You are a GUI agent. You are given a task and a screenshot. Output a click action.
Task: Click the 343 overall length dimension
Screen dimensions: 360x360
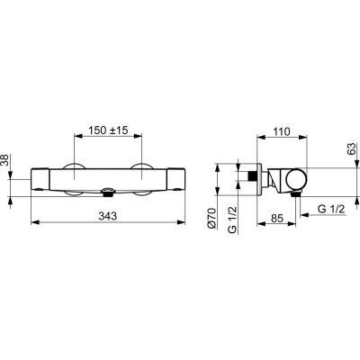coord(108,216)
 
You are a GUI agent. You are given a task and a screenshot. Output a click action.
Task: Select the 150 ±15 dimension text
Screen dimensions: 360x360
coord(108,130)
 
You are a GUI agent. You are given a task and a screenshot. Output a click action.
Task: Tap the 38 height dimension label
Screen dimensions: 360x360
coord(5,160)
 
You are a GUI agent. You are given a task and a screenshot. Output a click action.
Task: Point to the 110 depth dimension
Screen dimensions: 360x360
coord(282,131)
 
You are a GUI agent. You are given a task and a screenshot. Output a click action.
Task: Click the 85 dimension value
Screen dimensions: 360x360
coord(277,218)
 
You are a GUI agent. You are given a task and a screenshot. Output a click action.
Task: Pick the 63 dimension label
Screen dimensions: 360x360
coord(351,149)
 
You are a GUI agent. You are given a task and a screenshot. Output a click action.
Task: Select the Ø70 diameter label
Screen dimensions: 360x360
coord(212,219)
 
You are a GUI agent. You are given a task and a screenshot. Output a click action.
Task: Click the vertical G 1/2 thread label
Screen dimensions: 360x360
coord(232,220)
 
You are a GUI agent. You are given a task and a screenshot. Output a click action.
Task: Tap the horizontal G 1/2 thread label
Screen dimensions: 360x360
coord(331,209)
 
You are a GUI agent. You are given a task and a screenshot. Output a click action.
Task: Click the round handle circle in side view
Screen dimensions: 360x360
coord(296,180)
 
